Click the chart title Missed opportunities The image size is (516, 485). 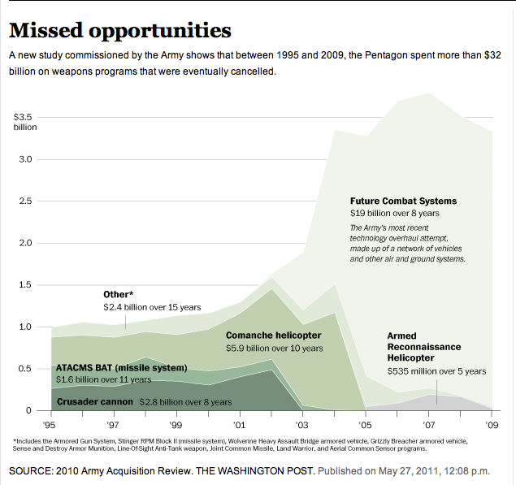click(119, 31)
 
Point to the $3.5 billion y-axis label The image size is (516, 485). click(25, 122)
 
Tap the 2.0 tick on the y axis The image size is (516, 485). click(27, 243)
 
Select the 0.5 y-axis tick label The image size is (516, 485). click(27, 369)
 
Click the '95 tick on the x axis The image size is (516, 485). click(51, 424)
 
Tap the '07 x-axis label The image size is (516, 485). click(428, 424)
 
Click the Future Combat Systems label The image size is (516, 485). click(403, 201)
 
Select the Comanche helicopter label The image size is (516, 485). click(273, 335)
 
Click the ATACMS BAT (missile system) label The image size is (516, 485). click(121, 368)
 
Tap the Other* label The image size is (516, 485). click(119, 294)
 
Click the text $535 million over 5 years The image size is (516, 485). click(436, 371)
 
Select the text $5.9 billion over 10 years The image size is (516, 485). click(274, 348)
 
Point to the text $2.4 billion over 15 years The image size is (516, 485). click(151, 308)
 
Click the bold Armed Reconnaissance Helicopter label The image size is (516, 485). click(424, 346)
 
